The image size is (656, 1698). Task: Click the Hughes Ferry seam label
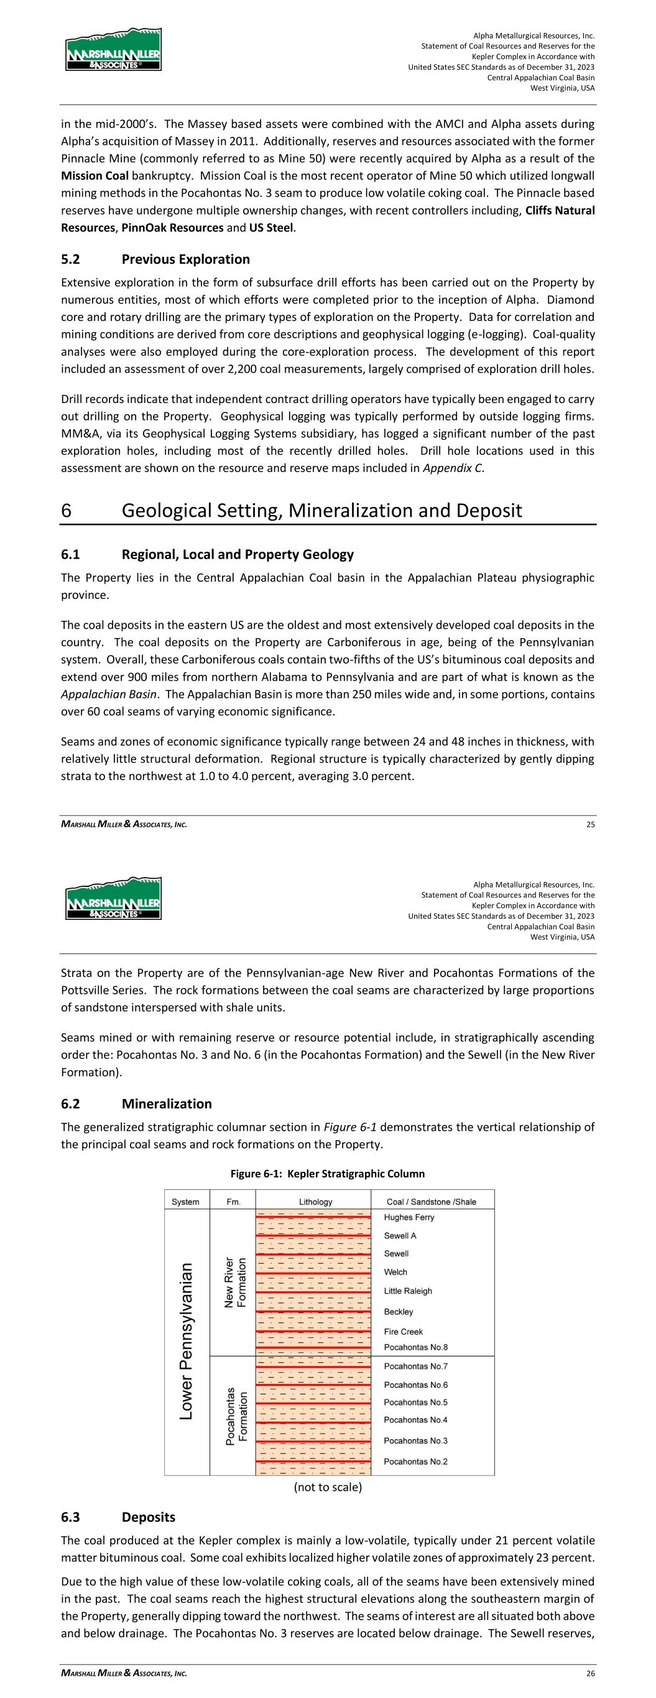(x=409, y=1217)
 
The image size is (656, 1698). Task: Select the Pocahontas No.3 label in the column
(x=415, y=1441)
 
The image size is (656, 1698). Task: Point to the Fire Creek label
(x=404, y=1332)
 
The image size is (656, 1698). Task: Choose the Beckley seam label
(x=399, y=1312)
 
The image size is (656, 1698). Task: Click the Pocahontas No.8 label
(x=415, y=1347)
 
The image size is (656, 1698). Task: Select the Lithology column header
(x=313, y=1202)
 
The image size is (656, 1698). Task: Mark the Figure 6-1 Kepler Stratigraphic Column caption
(x=327, y=1173)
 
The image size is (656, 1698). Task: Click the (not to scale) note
(x=328, y=1487)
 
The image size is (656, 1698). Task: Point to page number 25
(x=591, y=824)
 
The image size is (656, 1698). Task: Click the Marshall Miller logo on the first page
(x=113, y=49)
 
